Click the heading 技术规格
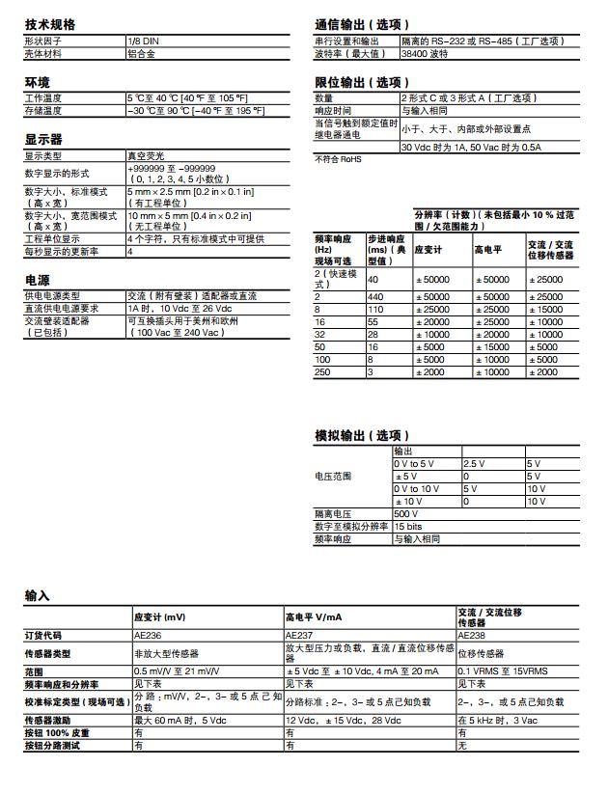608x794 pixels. click(x=49, y=24)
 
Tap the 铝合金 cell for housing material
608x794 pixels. click(x=142, y=54)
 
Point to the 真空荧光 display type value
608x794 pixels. click(x=146, y=155)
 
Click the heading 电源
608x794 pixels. click(x=37, y=280)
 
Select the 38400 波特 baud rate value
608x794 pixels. click(x=424, y=54)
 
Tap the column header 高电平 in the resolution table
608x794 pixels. click(x=487, y=249)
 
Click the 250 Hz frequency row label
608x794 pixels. click(x=322, y=371)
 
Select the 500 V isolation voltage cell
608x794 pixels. click(x=405, y=514)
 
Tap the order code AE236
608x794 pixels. click(x=148, y=636)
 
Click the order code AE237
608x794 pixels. click(x=299, y=636)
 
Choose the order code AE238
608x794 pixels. click(x=471, y=636)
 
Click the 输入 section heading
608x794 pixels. click(x=37, y=596)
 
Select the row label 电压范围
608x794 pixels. click(x=333, y=477)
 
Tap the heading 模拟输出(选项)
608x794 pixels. click(x=362, y=436)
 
